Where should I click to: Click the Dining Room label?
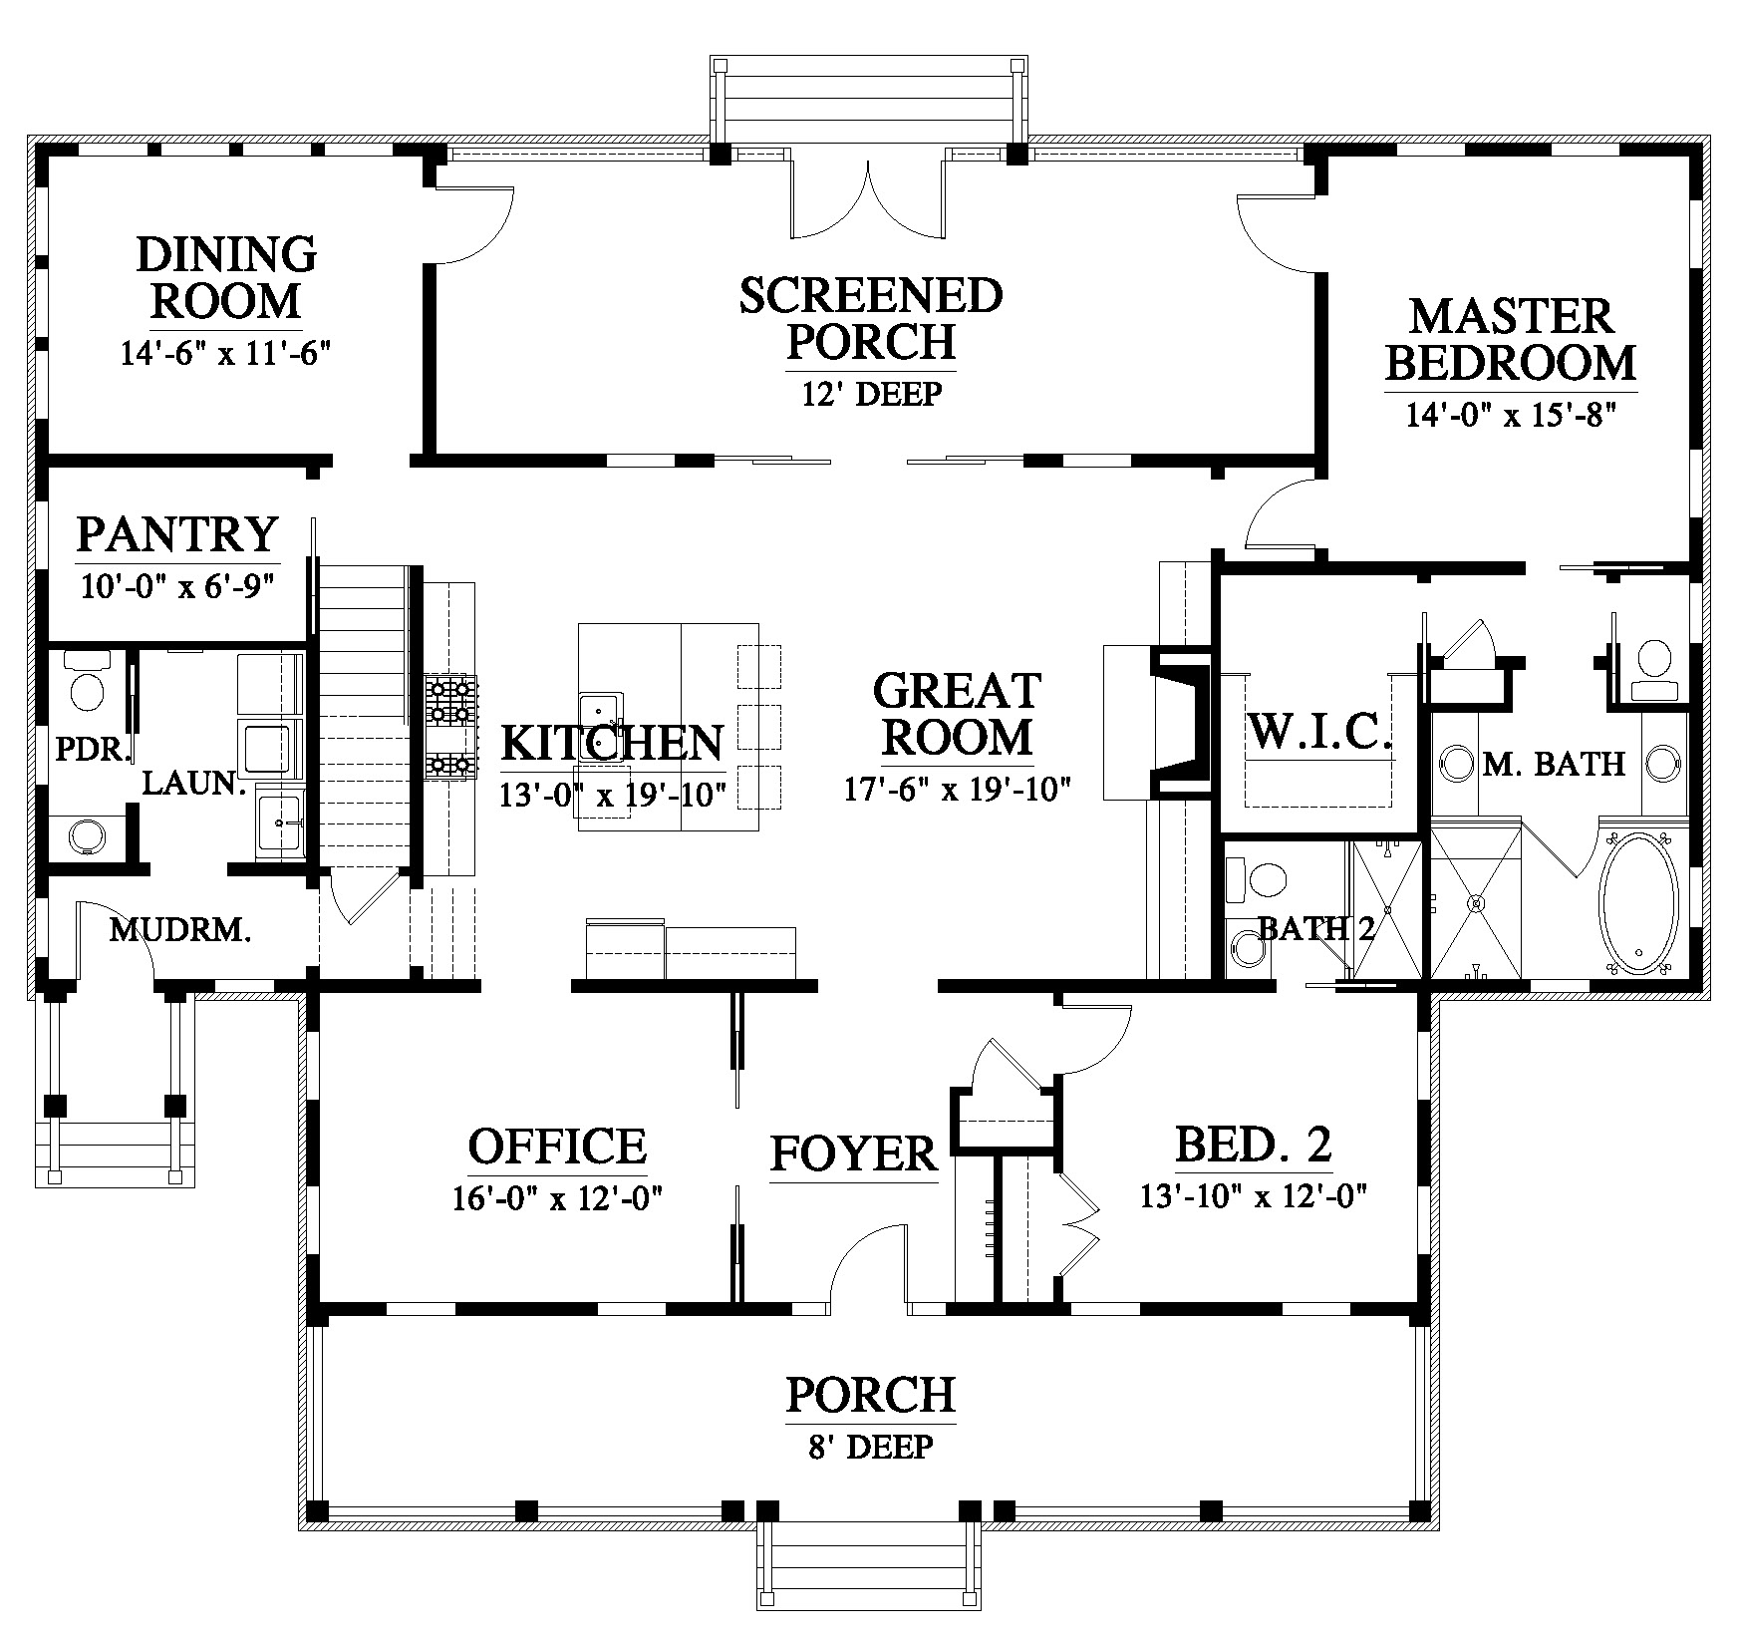click(x=226, y=276)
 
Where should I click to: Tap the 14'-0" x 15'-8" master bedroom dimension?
click(x=1509, y=413)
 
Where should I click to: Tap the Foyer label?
click(x=854, y=1153)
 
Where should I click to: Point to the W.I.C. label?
click(x=1319, y=733)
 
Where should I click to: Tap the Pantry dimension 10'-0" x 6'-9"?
click(x=177, y=584)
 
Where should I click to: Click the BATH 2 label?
click(x=1315, y=929)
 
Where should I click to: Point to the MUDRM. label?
click(x=179, y=930)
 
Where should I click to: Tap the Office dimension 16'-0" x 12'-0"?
click(x=558, y=1195)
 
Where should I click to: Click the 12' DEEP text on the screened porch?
click(x=872, y=394)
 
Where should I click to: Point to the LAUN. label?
click(x=194, y=783)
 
